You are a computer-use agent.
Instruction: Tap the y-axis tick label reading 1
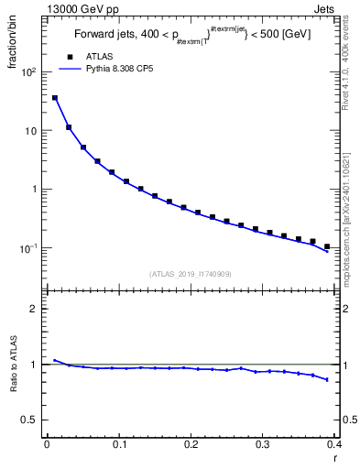[35, 190]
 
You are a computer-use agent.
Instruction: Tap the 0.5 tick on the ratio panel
[30, 420]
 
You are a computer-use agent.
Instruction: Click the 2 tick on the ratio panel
[35, 309]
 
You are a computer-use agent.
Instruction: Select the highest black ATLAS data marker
[55, 98]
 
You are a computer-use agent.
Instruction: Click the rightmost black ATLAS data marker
[327, 246]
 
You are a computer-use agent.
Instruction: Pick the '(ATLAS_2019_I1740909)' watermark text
[190, 274]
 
